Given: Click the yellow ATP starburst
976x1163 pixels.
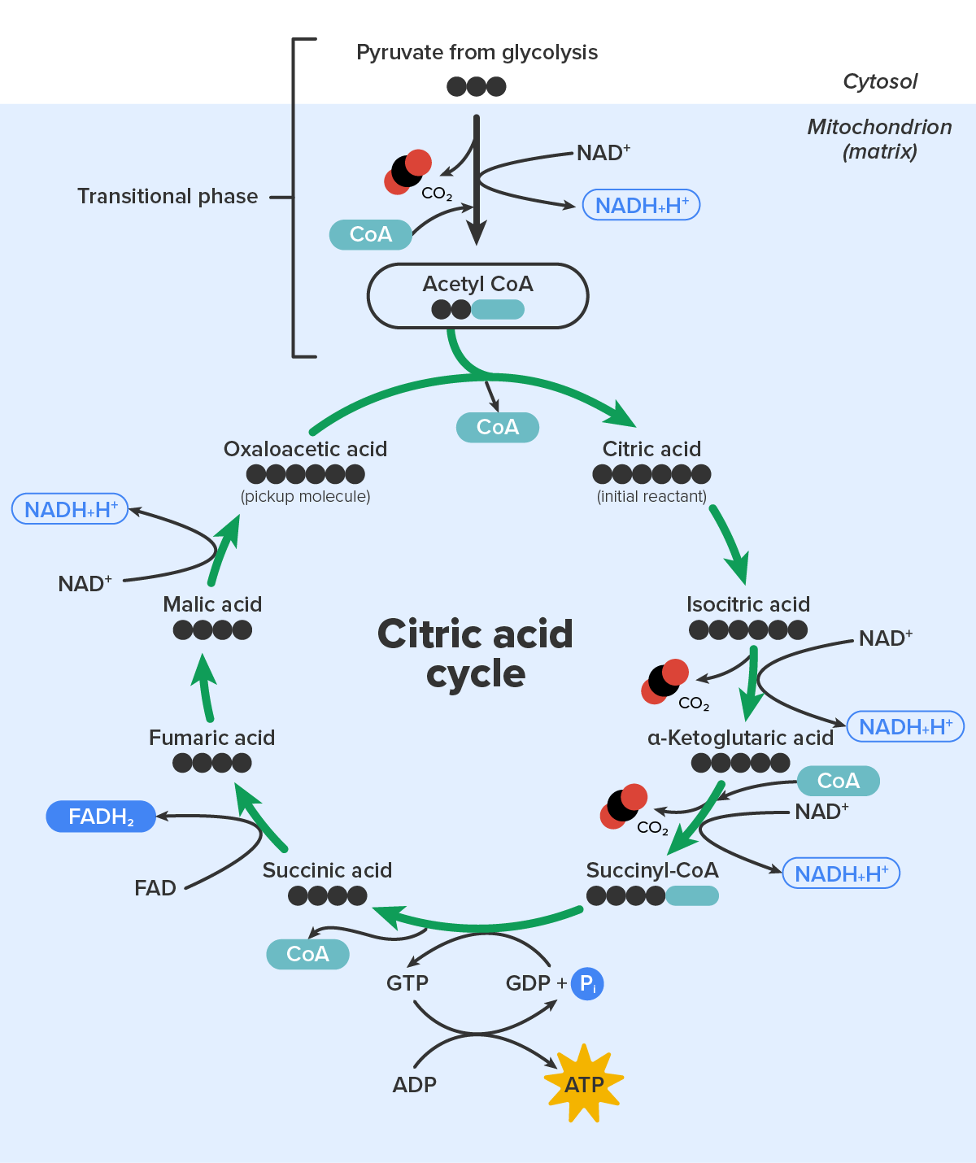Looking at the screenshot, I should pos(583,1083).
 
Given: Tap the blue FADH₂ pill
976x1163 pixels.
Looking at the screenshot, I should pos(101,817).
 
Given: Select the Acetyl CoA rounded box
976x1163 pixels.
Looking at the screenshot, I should pos(477,295).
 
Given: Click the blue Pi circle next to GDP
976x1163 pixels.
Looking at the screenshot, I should pos(587,984).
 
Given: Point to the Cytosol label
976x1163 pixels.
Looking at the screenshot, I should pos(880,81).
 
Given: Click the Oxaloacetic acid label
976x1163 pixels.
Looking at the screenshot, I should pos(305,449).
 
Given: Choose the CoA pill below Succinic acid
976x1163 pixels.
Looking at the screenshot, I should pos(307,954).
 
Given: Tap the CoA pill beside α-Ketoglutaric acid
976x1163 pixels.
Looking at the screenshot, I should pos(838,781).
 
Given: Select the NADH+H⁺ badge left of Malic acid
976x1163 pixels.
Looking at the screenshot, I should pos(70,509).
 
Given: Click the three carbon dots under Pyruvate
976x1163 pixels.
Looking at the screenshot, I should pos(477,86).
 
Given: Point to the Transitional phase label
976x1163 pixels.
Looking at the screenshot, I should pos(168,196).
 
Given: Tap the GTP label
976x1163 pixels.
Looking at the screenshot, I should pos(407,983).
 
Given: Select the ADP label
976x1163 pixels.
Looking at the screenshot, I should pos(414,1085).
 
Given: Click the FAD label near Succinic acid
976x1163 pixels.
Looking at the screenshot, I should pos(155,888).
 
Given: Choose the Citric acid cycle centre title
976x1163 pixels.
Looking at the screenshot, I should pos(476,654).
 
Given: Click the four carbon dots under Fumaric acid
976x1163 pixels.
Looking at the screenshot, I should pos(212,763).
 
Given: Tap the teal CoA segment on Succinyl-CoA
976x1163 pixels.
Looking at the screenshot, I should pos(692,895).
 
